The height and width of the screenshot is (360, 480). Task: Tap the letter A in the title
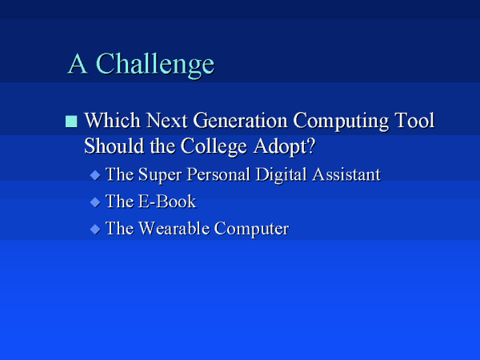click(x=78, y=63)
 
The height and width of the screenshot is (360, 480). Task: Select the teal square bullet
click(x=71, y=122)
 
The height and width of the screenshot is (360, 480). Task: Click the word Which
click(x=112, y=120)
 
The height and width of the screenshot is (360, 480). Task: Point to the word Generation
click(x=240, y=120)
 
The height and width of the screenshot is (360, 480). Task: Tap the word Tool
click(x=414, y=120)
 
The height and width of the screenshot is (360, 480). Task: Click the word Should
click(x=114, y=146)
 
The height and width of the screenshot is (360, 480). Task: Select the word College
click(x=214, y=147)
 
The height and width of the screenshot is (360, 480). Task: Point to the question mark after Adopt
click(x=310, y=146)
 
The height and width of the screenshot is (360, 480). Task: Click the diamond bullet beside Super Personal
click(x=95, y=175)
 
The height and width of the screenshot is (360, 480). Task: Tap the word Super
click(x=159, y=175)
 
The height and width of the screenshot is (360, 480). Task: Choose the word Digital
click(x=281, y=175)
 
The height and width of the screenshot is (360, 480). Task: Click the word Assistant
click(x=346, y=174)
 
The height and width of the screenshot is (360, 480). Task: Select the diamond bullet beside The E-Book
click(x=95, y=202)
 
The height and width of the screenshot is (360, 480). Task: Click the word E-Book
click(x=167, y=202)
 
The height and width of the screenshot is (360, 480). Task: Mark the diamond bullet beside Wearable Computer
click(x=95, y=229)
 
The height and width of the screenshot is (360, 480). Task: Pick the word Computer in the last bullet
click(x=251, y=229)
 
